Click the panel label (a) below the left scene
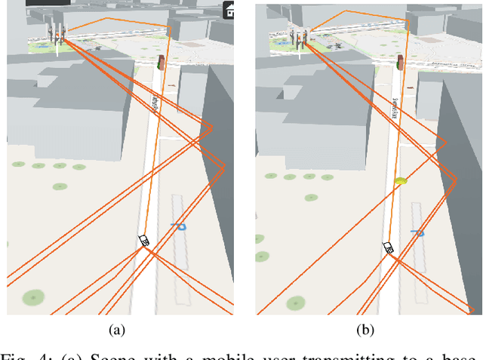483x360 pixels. (117, 329)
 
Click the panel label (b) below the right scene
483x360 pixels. (366, 329)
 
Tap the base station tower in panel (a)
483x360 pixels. (58, 33)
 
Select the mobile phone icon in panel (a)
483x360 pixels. (143, 241)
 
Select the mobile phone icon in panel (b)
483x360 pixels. (389, 248)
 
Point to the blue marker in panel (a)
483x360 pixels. (180, 225)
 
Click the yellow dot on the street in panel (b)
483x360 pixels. (401, 181)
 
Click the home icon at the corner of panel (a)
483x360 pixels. (229, 11)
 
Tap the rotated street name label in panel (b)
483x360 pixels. (395, 107)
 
